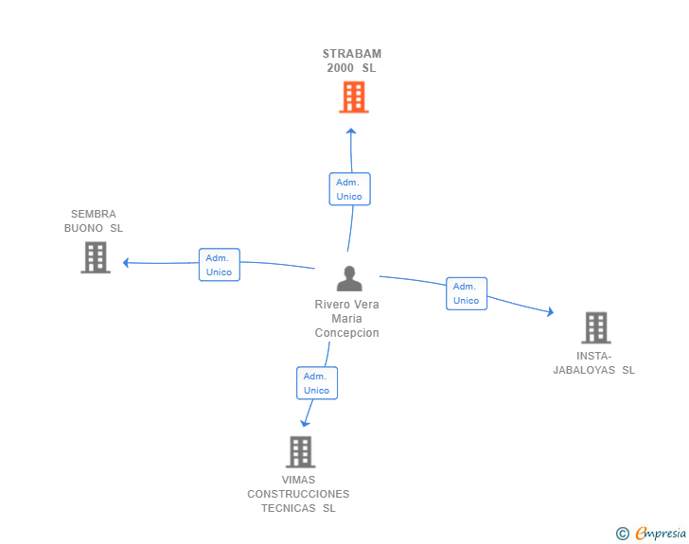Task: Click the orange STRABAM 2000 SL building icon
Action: coord(353,97)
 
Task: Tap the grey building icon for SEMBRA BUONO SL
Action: coord(96,257)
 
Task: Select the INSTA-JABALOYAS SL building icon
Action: coord(595,328)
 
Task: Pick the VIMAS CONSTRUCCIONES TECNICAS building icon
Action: coord(300,452)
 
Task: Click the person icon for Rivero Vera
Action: coord(349,279)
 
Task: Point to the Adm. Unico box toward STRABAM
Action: coord(349,189)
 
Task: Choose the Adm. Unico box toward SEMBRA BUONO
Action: coord(219,265)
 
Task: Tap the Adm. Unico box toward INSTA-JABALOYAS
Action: coord(466,293)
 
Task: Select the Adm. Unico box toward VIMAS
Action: coord(316,383)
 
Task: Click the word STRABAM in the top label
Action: coord(352,54)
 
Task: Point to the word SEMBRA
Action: coord(94,214)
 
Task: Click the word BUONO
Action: coord(83,228)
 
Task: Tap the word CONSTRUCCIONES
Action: coord(298,494)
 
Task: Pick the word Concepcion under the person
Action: coord(347,333)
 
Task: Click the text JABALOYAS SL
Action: coord(593,370)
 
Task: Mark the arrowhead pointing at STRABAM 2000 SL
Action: coord(351,132)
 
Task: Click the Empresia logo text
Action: coord(661,534)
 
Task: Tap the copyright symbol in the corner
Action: coord(622,534)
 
